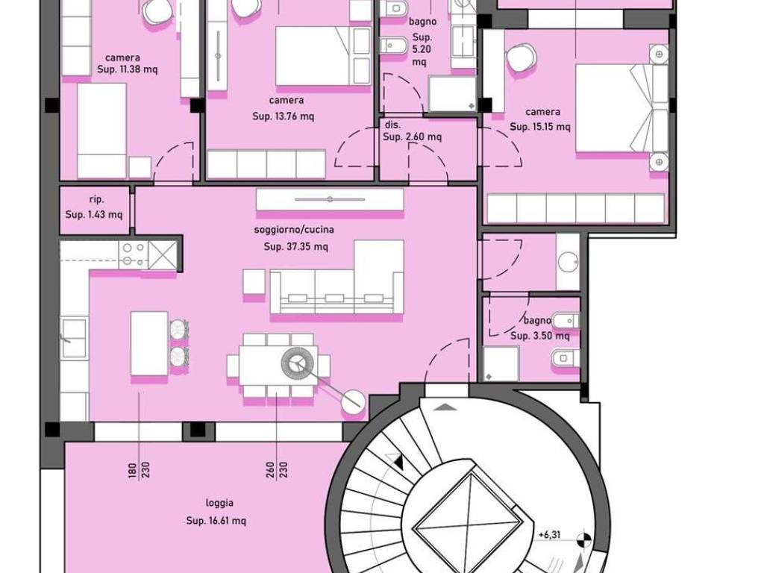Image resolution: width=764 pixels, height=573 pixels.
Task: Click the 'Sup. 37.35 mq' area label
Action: point(295,246)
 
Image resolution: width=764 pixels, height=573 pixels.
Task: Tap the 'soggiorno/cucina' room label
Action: point(294,230)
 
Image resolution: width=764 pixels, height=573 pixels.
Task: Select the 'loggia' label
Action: point(219,503)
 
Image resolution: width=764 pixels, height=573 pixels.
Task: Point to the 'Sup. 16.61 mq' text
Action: point(216,521)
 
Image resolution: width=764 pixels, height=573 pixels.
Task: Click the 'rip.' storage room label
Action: point(96,199)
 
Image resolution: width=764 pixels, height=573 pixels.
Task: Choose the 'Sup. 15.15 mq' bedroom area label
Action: point(540,127)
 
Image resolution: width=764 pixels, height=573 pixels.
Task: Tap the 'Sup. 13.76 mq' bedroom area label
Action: point(284,116)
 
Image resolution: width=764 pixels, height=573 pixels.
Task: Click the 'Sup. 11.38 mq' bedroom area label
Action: point(127,69)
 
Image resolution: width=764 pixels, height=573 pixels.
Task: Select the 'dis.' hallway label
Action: point(392,125)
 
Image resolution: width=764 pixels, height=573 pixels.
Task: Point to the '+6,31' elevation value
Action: point(550,535)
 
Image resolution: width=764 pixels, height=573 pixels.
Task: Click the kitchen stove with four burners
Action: point(133,254)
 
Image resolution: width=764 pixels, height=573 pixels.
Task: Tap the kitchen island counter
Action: point(149,344)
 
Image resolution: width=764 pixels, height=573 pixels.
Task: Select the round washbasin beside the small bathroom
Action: point(568,262)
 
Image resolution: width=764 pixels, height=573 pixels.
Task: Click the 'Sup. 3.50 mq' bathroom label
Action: point(540,336)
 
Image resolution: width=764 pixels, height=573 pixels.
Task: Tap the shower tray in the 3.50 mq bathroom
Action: point(501,364)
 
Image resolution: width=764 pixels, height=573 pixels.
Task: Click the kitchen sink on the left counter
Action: point(74,337)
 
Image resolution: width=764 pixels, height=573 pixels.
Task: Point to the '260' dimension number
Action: point(272,470)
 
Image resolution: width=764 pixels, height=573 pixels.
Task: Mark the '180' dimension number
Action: point(133,470)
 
